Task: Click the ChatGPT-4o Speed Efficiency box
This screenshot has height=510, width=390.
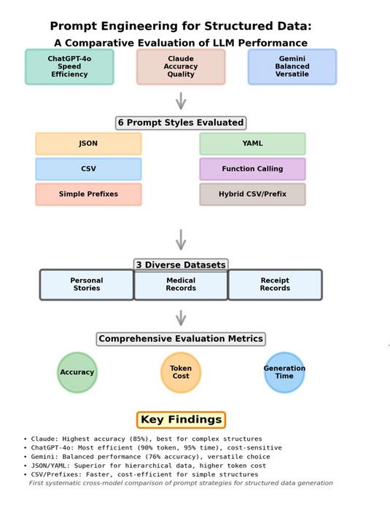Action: [69, 66]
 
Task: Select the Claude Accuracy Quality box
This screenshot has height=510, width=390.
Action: [181, 66]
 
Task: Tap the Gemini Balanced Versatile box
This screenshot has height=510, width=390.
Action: [292, 66]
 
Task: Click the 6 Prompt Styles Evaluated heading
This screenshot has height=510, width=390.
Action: [181, 122]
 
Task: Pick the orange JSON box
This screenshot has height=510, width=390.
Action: [88, 144]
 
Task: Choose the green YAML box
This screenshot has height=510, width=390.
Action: [252, 144]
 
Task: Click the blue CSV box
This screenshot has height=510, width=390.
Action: [88, 169]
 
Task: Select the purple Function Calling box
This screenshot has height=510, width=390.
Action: [252, 169]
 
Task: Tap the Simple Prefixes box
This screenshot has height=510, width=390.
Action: [88, 195]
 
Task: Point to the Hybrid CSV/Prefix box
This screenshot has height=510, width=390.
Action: [252, 195]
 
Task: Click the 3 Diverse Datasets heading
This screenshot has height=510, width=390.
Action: [181, 265]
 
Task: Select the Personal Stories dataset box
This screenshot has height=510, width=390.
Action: [87, 284]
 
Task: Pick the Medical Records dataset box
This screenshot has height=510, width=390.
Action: [181, 284]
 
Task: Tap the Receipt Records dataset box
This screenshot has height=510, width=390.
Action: [275, 284]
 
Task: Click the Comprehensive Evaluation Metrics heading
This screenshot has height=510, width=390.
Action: [181, 339]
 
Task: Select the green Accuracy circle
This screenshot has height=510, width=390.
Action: [77, 372]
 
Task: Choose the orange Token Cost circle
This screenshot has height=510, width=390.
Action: [181, 372]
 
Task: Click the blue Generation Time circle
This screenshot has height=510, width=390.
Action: [284, 372]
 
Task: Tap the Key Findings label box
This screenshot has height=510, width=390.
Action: [181, 420]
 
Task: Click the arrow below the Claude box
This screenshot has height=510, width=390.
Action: [181, 101]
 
